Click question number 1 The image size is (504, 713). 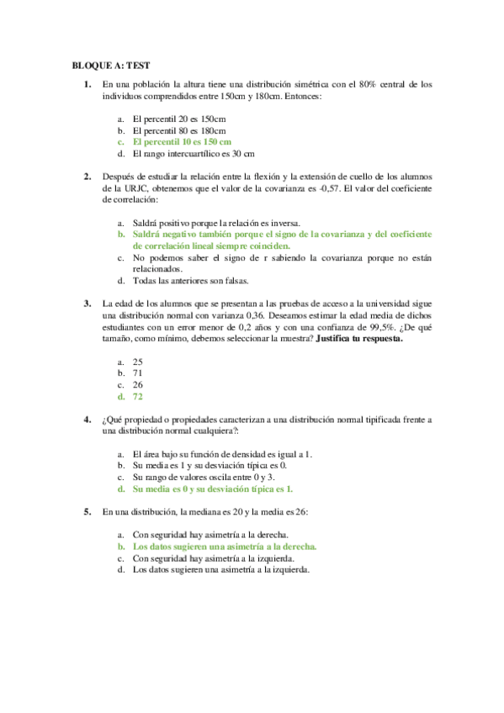pyautogui.click(x=87, y=85)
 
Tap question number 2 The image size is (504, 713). pyautogui.click(x=87, y=177)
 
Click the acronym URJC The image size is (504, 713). pyautogui.click(x=128, y=189)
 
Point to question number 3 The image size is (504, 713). pyautogui.click(x=87, y=304)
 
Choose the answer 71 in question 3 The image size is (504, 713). pyautogui.click(x=138, y=372)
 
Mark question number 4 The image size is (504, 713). pyautogui.click(x=87, y=419)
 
